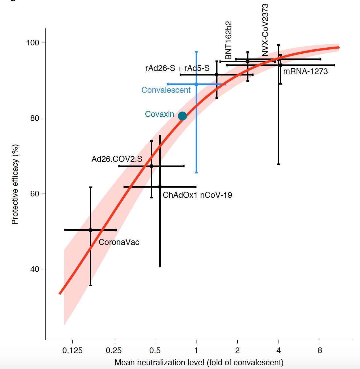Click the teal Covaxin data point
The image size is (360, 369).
(182, 116)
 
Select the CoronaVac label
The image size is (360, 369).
(119, 242)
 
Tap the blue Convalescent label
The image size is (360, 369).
(166, 90)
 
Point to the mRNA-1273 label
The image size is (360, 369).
(305, 71)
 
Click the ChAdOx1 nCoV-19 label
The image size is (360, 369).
(197, 195)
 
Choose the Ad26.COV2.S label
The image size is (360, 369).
(117, 159)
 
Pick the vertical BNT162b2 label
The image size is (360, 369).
(229, 40)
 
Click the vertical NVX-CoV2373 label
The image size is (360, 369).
(265, 30)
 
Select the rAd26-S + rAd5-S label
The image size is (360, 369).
(177, 68)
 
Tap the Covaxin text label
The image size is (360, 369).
(159, 114)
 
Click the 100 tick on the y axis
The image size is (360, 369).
(32, 43)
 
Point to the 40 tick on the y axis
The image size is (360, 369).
(34, 269)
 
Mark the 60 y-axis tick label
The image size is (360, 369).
(34, 194)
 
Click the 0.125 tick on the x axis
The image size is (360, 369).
(72, 351)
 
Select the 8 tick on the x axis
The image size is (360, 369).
(320, 351)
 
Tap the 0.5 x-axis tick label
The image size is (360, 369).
(155, 351)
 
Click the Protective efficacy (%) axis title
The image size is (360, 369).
(15, 184)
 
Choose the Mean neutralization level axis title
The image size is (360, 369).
(199, 362)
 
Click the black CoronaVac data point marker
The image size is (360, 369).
(90, 230)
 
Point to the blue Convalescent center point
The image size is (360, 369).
(196, 84)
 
